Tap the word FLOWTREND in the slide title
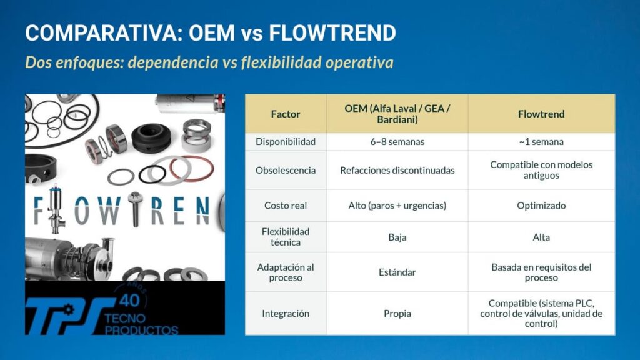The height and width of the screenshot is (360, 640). pos(332,33)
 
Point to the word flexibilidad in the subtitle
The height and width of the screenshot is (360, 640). pos(280,63)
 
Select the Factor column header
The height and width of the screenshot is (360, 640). pos(286,114)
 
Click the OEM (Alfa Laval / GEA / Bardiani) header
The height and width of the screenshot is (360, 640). pos(397,114)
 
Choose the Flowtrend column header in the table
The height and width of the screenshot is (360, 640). pos(541,114)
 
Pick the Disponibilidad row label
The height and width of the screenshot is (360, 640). pos(286,142)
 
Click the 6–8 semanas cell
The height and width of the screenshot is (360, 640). pos(397,142)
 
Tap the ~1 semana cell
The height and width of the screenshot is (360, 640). pos(541,142)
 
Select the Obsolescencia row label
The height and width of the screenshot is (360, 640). pos(286,170)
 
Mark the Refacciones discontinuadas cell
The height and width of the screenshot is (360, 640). pos(397,170)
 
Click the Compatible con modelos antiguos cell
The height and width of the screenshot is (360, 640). pos(541,170)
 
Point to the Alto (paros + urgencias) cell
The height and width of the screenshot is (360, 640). pos(397,206)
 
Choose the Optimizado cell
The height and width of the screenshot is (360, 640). pos(541,206)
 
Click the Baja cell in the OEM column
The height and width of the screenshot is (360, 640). pos(397,237)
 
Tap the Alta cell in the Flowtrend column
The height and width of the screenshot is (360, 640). pos(541,237)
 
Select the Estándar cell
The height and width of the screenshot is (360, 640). pos(397,272)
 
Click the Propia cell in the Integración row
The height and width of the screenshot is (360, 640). pos(397,314)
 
